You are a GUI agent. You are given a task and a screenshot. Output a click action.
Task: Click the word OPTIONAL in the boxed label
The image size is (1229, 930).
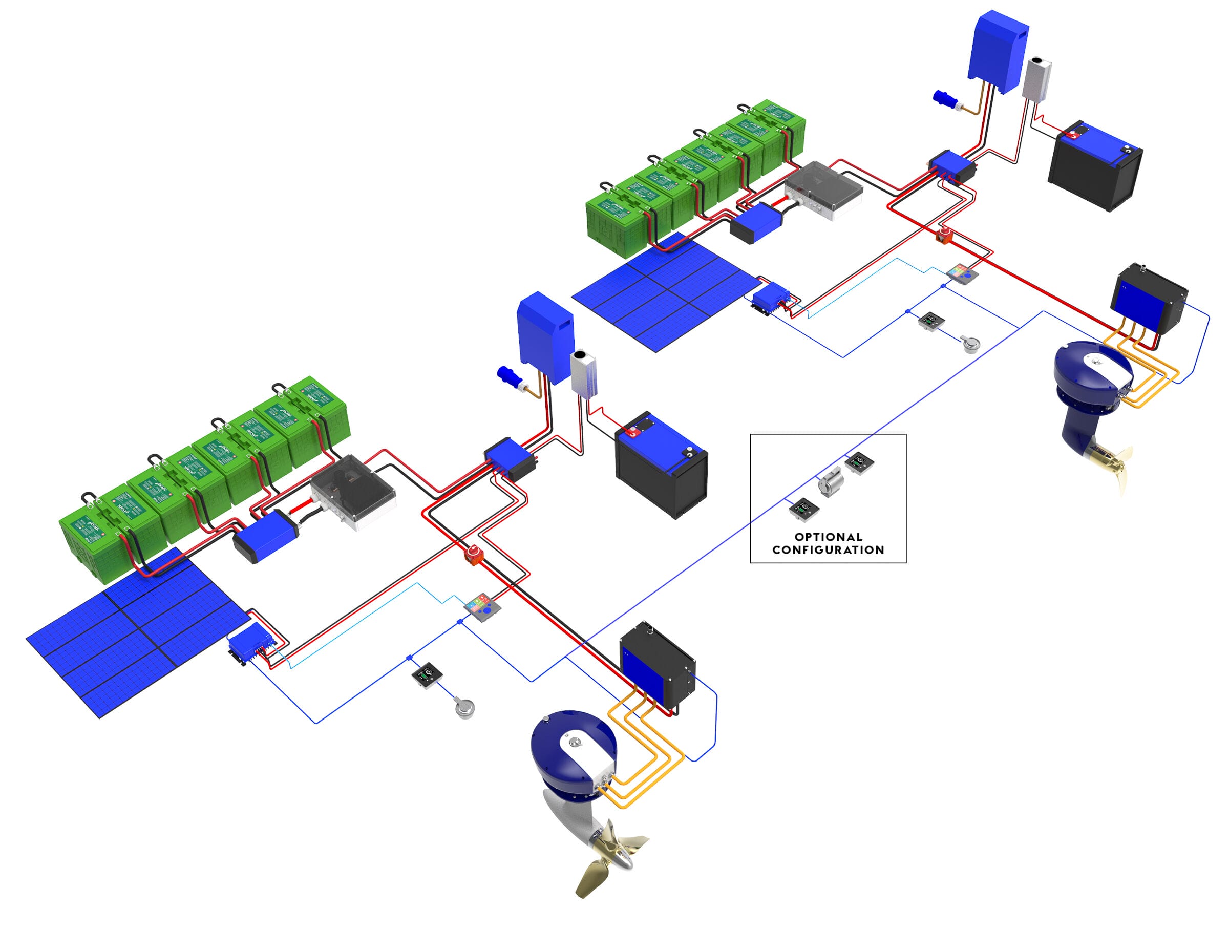[828, 537]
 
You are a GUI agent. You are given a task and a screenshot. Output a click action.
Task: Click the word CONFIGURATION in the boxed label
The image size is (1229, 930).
[828, 550]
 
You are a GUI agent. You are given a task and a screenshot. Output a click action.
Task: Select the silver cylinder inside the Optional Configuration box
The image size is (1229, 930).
[830, 482]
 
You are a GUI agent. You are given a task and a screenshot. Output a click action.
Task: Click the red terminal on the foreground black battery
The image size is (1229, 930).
[632, 432]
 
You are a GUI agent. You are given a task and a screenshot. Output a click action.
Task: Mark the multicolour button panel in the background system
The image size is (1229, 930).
[962, 273]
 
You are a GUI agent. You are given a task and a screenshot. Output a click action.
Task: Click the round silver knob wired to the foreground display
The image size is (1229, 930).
[464, 708]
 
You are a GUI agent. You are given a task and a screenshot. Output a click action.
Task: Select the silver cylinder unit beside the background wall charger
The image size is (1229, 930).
[1037, 79]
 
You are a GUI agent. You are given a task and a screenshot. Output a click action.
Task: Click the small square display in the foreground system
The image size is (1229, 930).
[427, 675]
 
